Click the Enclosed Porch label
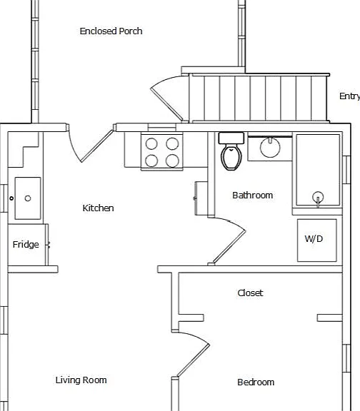tap(111, 31)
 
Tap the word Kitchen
tap(98, 208)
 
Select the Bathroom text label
tap(252, 196)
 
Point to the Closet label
tap(250, 293)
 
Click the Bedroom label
tap(256, 382)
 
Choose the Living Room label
tap(81, 380)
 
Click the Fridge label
tap(26, 245)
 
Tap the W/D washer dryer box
tap(316, 240)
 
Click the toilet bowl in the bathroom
tap(231, 158)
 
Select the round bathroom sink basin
tap(270, 148)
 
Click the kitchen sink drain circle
tap(28, 198)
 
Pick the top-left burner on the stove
tap(151, 144)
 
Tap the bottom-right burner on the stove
tap(172, 161)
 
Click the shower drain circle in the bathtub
tap(318, 197)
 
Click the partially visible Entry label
tap(349, 96)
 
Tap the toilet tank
tap(231, 138)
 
